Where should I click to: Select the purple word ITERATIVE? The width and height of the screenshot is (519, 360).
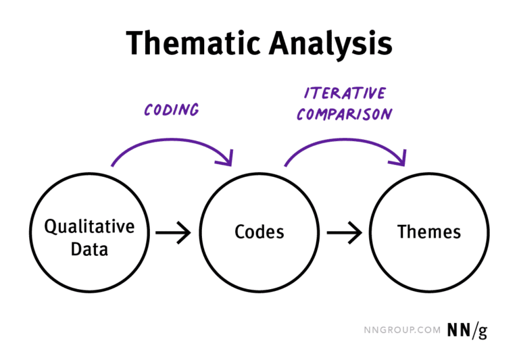[345, 93]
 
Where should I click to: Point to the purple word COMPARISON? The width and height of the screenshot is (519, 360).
[344, 113]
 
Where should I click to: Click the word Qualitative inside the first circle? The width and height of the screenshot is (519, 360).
[89, 226]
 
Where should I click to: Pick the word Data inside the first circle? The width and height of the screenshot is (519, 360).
[89, 248]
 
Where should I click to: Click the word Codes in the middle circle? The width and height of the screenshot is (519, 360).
[259, 232]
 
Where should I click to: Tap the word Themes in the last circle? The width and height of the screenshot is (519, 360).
[429, 232]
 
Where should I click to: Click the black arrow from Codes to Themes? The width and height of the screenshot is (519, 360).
[344, 234]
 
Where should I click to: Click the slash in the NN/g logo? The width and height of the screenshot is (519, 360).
[472, 330]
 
